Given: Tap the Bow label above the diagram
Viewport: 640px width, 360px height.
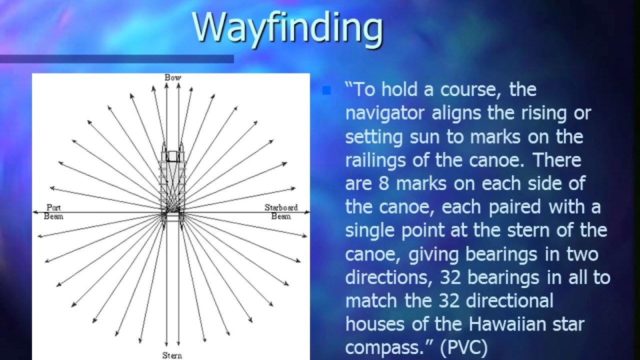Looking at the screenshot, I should tap(173, 77).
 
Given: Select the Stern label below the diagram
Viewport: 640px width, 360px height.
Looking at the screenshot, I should tap(171, 355).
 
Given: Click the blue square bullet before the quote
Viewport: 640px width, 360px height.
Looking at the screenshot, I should tap(326, 91).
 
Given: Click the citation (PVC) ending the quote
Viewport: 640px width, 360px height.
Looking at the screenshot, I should tap(463, 348).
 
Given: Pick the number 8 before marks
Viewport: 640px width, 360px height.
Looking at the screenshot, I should tap(384, 183).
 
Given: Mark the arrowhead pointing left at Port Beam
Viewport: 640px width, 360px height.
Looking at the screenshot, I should tap(35, 212).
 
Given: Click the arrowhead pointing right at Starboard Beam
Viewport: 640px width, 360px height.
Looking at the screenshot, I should tap(307, 212).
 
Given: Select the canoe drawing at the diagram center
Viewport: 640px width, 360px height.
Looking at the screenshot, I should tap(172, 185).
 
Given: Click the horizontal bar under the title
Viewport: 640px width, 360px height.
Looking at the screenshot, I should tap(117, 59).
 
